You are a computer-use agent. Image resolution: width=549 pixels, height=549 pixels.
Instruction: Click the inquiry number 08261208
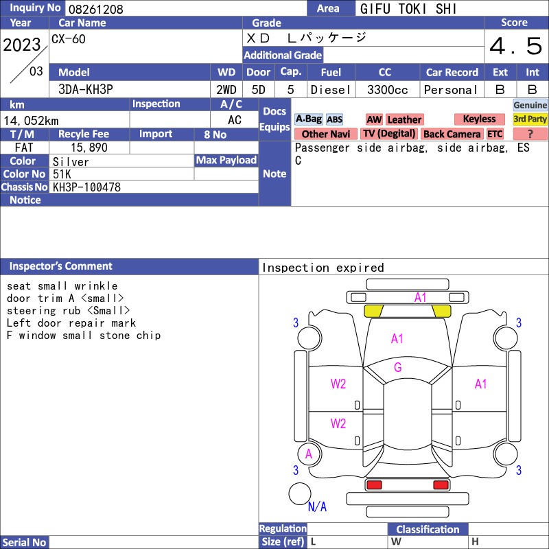96,9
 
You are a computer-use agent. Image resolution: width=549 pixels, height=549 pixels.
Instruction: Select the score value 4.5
516,46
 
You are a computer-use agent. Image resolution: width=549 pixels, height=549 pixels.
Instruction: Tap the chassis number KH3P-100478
86,187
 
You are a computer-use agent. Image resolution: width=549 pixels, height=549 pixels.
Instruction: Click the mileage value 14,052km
31,121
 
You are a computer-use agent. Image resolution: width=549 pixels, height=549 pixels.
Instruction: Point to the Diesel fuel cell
331,90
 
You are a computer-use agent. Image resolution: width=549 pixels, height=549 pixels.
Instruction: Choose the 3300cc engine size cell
387,90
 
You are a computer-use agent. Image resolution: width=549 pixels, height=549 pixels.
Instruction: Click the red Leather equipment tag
404,119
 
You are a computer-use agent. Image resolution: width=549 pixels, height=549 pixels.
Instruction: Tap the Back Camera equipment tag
452,134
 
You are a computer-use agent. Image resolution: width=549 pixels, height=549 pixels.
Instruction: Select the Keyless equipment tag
479,119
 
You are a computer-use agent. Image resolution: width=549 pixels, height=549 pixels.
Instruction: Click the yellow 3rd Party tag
530,119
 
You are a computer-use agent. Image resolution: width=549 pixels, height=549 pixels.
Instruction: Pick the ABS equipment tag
334,119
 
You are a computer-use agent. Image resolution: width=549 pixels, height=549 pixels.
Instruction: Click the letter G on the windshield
398,367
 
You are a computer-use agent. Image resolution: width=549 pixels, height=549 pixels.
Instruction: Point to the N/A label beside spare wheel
317,506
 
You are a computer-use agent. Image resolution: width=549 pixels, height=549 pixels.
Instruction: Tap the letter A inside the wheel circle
308,454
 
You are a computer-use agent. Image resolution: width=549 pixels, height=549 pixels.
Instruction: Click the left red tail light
373,485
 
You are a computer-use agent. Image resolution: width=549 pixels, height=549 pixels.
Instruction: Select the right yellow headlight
441,311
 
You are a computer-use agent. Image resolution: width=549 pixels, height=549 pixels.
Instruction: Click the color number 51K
62,174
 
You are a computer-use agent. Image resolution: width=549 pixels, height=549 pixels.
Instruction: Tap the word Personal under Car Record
451,90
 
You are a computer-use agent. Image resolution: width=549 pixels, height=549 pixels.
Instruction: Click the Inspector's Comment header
61,266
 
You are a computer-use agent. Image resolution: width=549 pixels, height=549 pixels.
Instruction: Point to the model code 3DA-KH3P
86,90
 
